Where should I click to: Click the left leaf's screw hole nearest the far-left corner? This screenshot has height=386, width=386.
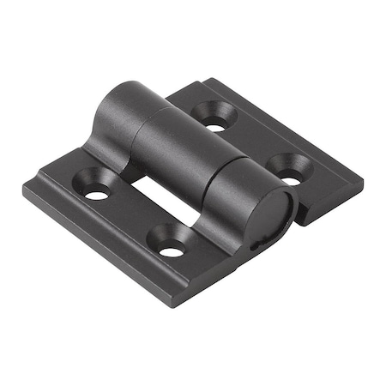pos(96,193)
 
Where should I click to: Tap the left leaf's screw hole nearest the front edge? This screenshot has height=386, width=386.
pos(172,250)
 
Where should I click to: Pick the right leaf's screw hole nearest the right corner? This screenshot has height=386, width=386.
pos(292,178)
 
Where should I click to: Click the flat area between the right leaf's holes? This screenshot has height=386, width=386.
pos(255,151)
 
